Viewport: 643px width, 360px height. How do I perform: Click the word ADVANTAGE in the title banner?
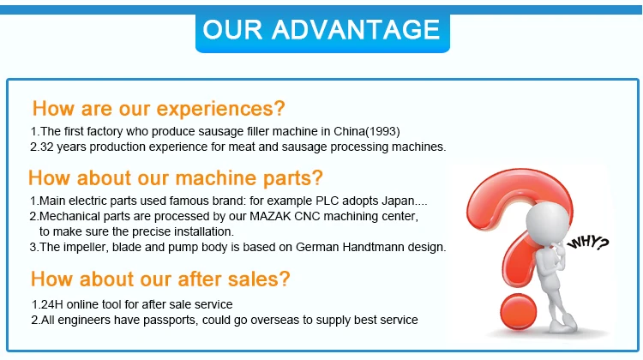tap(356, 29)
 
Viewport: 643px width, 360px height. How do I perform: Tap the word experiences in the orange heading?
tap(220, 109)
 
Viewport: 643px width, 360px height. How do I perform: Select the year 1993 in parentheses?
tap(382, 131)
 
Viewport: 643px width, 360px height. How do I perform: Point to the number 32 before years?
tap(47, 147)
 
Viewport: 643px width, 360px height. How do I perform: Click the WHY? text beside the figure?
tap(587, 243)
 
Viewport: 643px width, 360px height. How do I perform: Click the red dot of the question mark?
tap(519, 312)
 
